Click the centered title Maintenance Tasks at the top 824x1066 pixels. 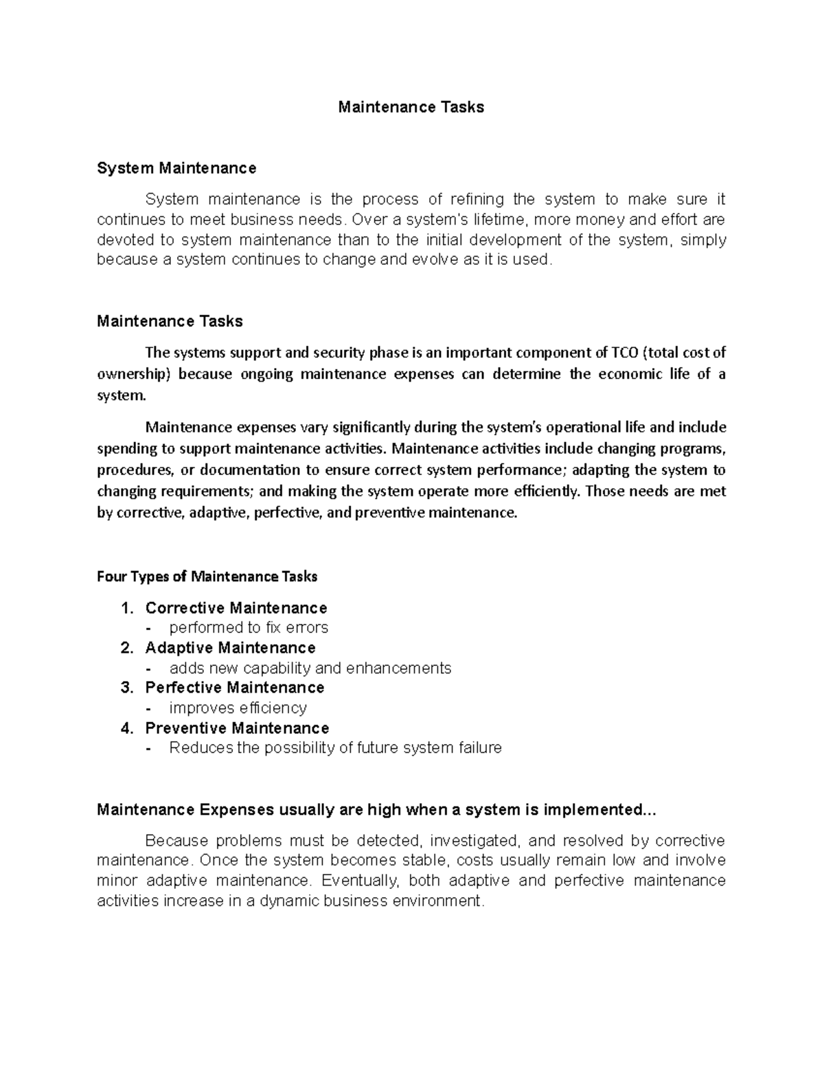tap(411, 107)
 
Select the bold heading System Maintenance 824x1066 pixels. tap(176, 168)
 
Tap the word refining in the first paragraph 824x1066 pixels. tap(477, 200)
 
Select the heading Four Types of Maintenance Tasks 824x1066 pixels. tap(207, 577)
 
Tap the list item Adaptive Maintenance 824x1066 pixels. tap(230, 648)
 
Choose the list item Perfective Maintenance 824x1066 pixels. tap(234, 688)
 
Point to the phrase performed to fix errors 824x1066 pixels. tap(249, 628)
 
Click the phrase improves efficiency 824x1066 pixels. tap(238, 708)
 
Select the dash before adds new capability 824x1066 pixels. tap(149, 669)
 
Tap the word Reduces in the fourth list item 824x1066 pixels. tap(201, 748)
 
